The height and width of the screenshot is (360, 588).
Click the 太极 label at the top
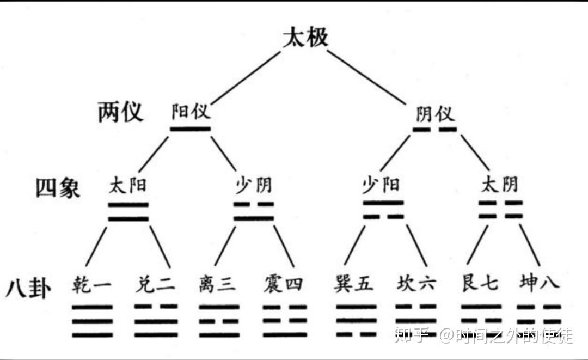(x=305, y=38)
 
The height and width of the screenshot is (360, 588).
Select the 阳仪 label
(x=191, y=112)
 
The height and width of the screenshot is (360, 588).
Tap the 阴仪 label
(x=434, y=114)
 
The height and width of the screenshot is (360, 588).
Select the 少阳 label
(x=381, y=185)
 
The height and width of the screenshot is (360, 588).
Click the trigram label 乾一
(x=91, y=284)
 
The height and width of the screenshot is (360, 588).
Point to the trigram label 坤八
(x=538, y=284)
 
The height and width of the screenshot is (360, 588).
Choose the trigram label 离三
(x=218, y=284)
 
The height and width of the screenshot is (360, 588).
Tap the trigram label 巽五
(x=354, y=284)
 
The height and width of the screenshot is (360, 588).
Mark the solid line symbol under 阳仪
(x=190, y=129)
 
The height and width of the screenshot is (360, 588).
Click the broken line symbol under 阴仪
(x=434, y=130)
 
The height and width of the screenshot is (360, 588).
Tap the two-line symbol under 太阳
(x=128, y=212)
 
